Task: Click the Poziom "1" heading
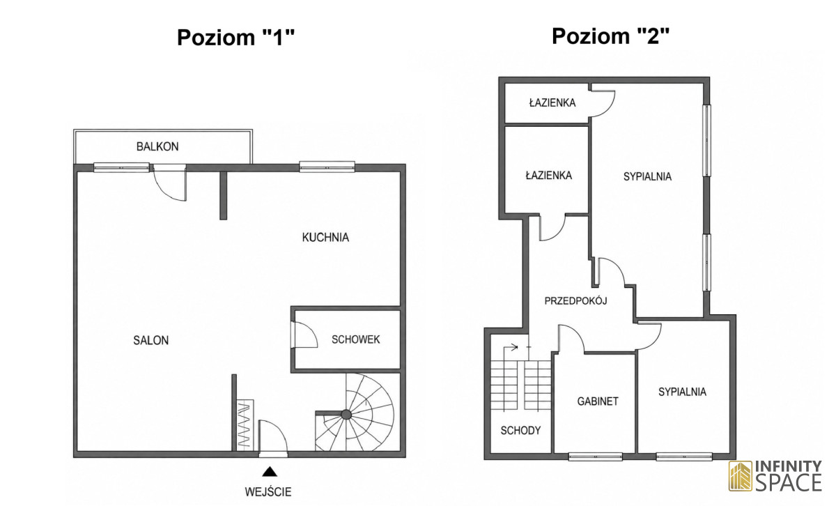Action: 236,38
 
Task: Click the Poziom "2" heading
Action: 611,36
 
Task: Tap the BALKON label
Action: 157,146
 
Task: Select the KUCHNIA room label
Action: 325,237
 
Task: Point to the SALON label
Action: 150,340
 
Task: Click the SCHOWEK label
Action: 356,339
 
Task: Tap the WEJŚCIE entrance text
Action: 268,492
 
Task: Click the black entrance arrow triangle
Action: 270,472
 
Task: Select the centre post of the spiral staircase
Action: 346,414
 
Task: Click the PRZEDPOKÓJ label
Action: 575,300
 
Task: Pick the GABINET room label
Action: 598,401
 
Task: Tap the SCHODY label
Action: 520,431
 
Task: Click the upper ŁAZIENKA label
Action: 552,102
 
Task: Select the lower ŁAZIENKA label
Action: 549,175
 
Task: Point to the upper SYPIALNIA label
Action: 647,176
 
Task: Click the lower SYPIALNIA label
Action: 682,392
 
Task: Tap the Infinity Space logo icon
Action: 741,476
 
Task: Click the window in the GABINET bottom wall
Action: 595,457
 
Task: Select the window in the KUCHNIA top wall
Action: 327,167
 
